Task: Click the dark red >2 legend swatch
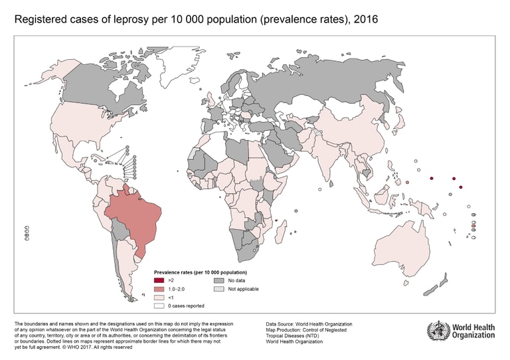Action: (159, 281)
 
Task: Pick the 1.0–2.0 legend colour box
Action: (159, 289)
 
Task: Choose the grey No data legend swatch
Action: (217, 281)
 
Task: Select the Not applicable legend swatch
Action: (217, 289)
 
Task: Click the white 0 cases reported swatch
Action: (159, 306)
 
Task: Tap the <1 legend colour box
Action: (159, 298)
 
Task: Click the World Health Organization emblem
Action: (438, 330)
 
